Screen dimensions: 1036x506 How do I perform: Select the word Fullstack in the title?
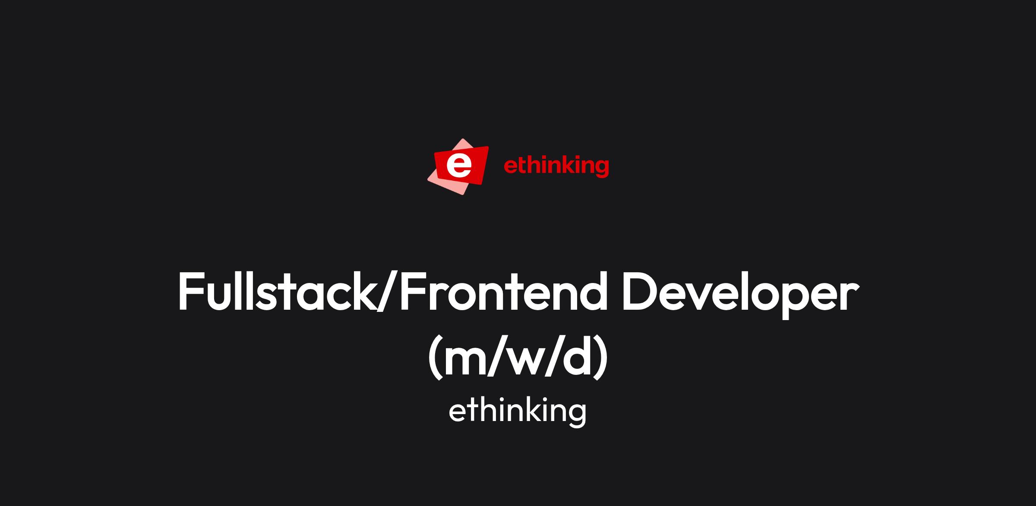tap(277, 291)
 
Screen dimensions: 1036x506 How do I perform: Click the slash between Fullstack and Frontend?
tap(388, 292)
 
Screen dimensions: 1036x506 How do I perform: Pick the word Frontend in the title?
tap(503, 291)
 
